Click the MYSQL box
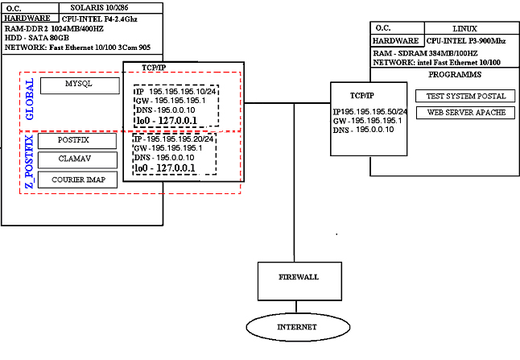coord(78,85)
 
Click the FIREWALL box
coord(299,277)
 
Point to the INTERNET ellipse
coord(298,327)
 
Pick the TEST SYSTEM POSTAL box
coord(465,96)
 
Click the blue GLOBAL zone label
coord(30,100)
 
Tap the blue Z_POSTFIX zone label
coord(30,164)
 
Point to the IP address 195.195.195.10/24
coord(176,92)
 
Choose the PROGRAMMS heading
coord(456,75)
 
